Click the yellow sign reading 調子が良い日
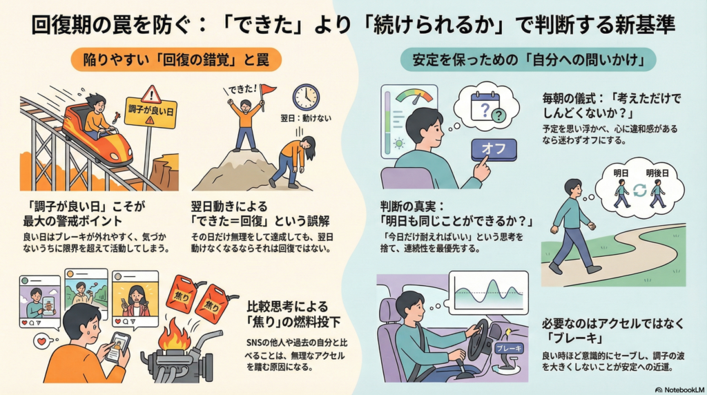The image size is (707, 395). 151,111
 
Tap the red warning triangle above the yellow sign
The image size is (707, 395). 151,93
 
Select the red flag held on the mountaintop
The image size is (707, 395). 268,90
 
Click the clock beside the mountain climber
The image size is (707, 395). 306,97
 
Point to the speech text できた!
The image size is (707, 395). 242,89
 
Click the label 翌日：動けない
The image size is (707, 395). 306,118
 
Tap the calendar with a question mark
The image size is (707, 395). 485,106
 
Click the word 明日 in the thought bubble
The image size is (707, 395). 621,173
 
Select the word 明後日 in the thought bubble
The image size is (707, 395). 657,173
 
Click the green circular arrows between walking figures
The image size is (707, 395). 639,191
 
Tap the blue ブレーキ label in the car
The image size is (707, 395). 509,349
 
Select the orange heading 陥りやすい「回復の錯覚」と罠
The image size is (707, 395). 176,60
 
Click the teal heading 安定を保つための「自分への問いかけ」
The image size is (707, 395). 528,60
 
